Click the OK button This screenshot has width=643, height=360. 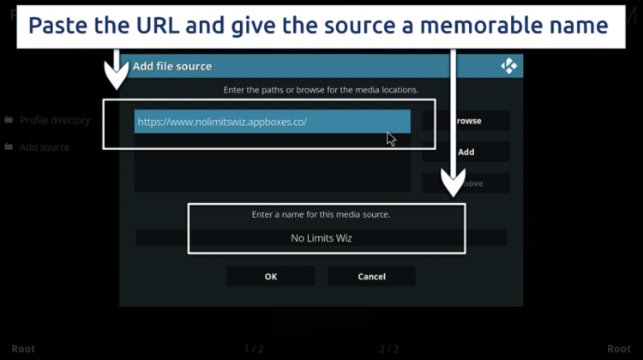pyautogui.click(x=270, y=277)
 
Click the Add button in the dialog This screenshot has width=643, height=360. pyautogui.click(x=466, y=152)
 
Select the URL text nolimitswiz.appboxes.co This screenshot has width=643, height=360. pyautogui.click(x=222, y=122)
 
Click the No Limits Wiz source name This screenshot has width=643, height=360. pyautogui.click(x=321, y=238)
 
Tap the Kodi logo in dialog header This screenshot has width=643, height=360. pyautogui.click(x=508, y=66)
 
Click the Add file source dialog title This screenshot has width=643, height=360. pyautogui.click(x=171, y=66)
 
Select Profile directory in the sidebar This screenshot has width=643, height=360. pyautogui.click(x=55, y=121)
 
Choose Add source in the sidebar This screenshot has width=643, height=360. pyautogui.click(x=45, y=147)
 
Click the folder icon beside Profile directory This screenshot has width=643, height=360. pyautogui.click(x=9, y=121)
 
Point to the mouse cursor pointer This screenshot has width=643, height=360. pyautogui.click(x=391, y=139)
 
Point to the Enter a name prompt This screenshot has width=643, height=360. pyautogui.click(x=321, y=214)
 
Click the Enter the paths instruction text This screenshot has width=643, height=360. pyautogui.click(x=321, y=90)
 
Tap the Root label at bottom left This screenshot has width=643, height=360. pyautogui.click(x=23, y=349)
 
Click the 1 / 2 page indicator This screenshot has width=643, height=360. pyautogui.click(x=254, y=349)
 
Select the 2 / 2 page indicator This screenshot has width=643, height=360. pyautogui.click(x=389, y=349)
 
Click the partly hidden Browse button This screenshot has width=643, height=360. pyautogui.click(x=470, y=121)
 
